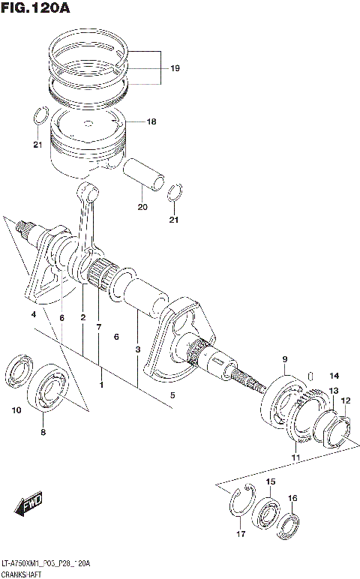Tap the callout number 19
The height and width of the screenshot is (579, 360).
(x=175, y=68)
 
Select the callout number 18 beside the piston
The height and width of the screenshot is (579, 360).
(x=151, y=121)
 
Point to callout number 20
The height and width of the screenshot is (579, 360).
(x=142, y=207)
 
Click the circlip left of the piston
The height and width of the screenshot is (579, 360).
(x=42, y=118)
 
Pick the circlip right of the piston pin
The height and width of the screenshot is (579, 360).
(x=174, y=193)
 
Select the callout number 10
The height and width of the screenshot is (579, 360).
(x=16, y=410)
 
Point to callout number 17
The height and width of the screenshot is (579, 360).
(x=240, y=533)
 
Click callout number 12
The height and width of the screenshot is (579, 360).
(x=345, y=400)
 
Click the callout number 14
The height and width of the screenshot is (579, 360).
(x=334, y=376)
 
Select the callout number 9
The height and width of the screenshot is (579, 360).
(x=285, y=359)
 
